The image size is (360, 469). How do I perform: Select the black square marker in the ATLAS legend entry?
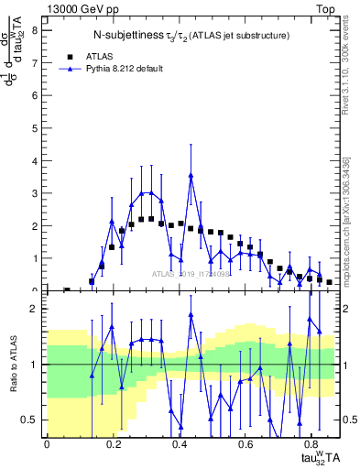(x=69, y=55)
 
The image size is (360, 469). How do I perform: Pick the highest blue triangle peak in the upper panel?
(x=191, y=175)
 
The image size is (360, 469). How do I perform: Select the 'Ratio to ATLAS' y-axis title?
(x=13, y=365)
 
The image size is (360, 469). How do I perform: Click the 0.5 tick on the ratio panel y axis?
(x=30, y=420)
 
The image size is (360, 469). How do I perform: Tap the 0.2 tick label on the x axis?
(x=113, y=444)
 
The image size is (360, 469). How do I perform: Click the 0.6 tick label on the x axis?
(x=245, y=444)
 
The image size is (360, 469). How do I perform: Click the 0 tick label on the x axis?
(x=47, y=444)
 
